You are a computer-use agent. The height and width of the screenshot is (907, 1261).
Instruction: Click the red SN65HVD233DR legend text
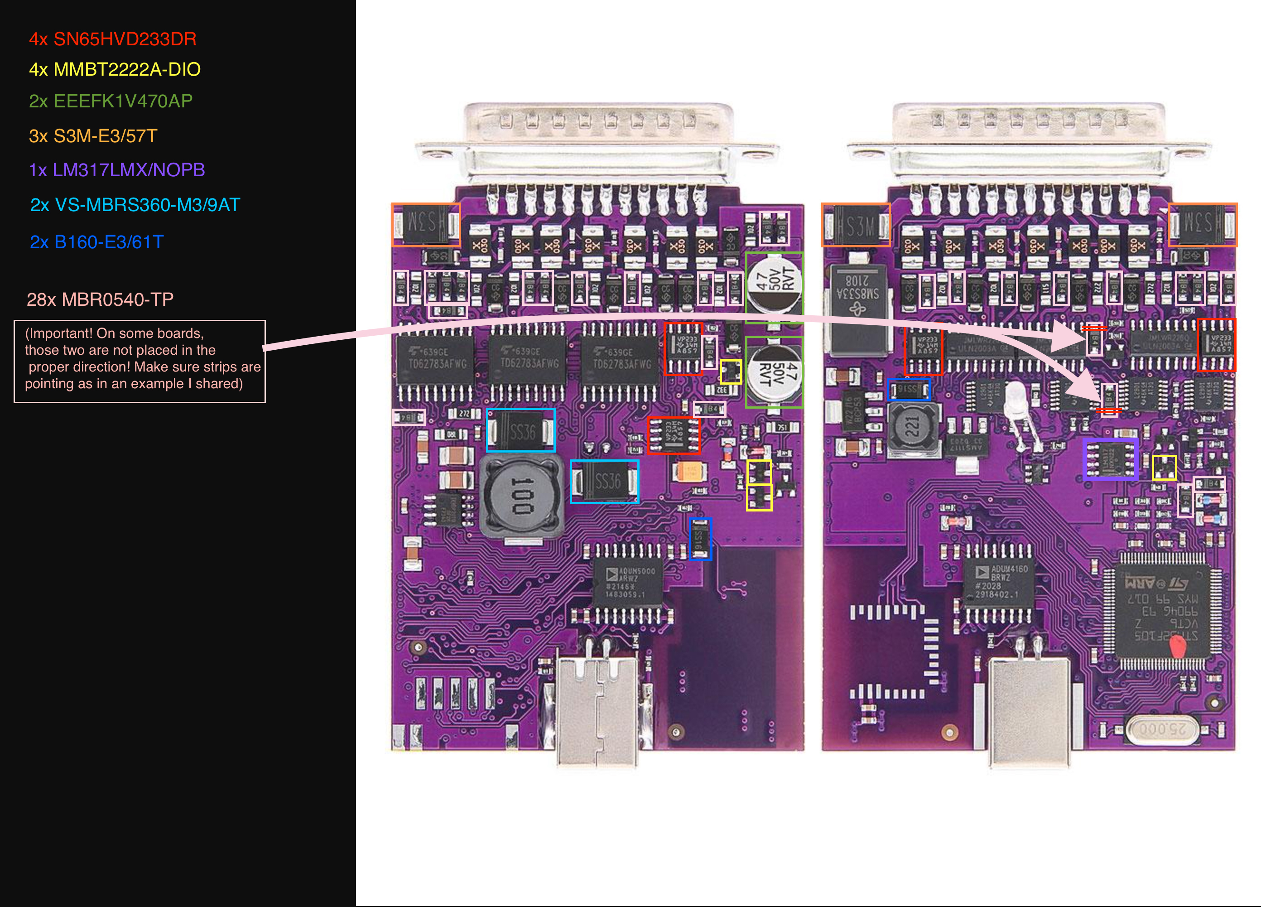[112, 39]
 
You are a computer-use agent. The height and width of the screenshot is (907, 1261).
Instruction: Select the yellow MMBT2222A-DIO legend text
[115, 69]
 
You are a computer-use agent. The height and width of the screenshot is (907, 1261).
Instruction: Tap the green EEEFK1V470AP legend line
[111, 101]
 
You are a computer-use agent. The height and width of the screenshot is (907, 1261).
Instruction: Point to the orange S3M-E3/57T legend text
[93, 136]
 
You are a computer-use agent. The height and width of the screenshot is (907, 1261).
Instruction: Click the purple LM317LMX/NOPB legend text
[117, 169]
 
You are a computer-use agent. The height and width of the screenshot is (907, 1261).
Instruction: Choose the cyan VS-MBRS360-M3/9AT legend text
[135, 205]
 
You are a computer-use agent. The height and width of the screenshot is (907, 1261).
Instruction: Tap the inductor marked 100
[521, 496]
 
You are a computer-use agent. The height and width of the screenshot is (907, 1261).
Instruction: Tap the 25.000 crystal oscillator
[1161, 728]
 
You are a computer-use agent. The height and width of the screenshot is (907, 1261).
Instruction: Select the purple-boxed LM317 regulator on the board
[1110, 459]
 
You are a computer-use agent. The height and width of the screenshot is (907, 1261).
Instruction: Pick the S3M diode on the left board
[426, 225]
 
